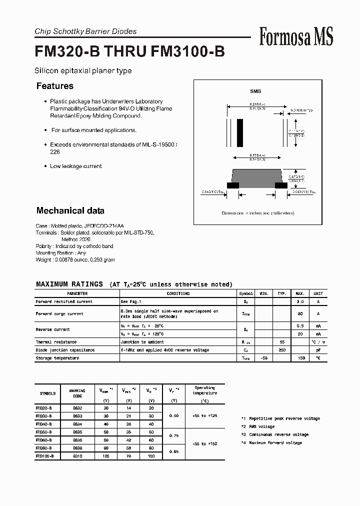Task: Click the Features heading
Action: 55,86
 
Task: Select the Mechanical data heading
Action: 70,210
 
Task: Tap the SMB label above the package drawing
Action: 255,91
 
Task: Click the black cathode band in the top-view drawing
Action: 240,132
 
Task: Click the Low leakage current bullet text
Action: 75,166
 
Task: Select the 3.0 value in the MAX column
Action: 300,301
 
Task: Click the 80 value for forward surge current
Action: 300,314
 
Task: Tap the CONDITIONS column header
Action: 178,294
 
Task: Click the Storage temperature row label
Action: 57,358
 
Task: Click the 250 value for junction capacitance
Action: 282,350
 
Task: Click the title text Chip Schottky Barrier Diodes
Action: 85,31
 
